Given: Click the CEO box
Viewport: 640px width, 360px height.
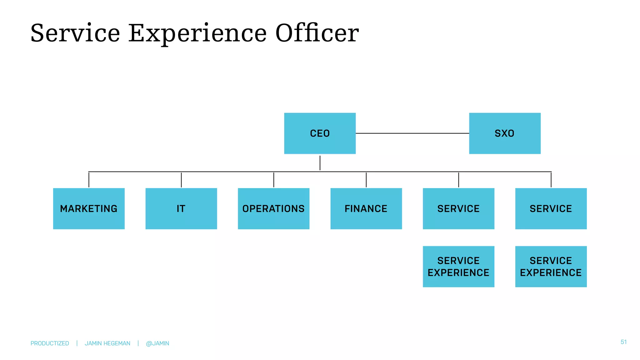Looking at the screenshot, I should coord(320,133).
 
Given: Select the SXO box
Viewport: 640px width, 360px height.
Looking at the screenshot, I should coord(505,133).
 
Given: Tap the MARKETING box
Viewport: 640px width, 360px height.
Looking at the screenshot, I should coord(89,208).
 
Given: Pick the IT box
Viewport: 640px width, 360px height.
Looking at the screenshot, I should coord(181,208).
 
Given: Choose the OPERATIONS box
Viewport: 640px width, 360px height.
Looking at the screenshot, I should coord(273,208).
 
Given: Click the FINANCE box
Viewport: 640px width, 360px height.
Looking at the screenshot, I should coord(366,208).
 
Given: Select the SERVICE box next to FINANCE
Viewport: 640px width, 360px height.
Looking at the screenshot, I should coord(458,208).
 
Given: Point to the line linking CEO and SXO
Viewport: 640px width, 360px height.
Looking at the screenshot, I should coord(412,133).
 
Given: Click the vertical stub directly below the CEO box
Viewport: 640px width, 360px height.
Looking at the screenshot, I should coord(320,163).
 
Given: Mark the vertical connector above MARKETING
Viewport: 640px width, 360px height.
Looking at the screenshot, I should coord(89,180).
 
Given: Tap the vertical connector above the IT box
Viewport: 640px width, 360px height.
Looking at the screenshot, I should coord(181,180).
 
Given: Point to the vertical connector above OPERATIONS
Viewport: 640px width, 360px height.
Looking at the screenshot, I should coord(274,180).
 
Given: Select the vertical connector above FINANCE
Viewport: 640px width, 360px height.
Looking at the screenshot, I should coord(366,180).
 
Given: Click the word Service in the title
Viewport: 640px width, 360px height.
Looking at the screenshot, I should coord(75,33).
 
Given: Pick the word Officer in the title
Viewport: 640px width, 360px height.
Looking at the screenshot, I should coord(317,33).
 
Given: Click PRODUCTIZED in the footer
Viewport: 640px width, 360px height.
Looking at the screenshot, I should coord(50,343).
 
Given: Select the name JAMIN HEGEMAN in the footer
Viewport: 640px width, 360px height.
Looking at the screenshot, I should coord(107,343).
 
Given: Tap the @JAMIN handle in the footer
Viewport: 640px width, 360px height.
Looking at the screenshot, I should coord(157,343).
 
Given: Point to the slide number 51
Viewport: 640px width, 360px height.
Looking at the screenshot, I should coord(623,342).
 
